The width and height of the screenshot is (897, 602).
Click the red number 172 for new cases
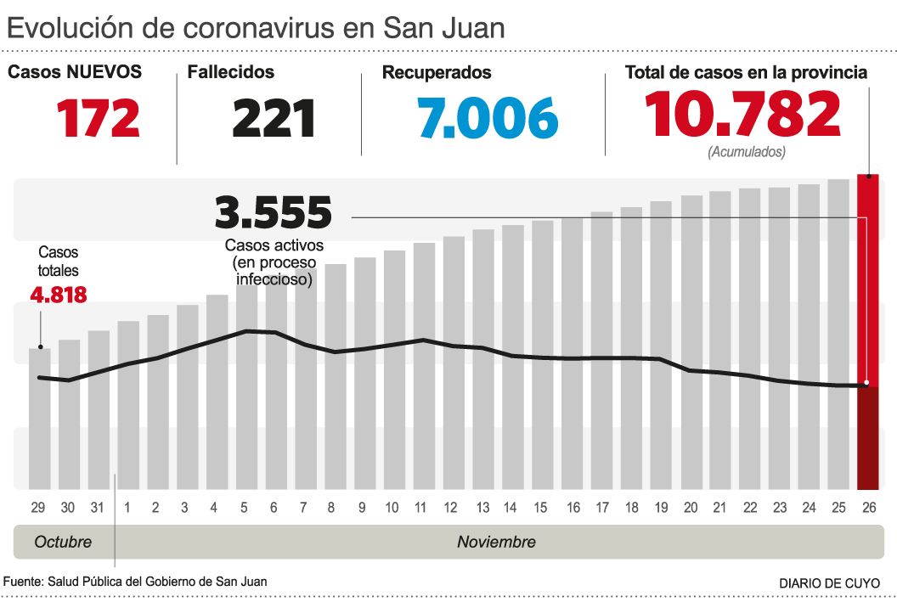point(99,118)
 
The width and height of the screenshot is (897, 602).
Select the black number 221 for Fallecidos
point(274,118)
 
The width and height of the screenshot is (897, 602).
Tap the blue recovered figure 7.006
point(488,118)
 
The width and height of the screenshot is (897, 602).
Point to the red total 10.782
point(742,115)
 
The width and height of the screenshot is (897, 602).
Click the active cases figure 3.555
point(273,213)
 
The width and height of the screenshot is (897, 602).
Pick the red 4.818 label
point(58,295)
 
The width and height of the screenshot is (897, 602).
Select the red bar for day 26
point(867,331)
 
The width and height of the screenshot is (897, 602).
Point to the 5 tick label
point(244,508)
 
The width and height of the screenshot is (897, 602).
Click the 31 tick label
point(98,508)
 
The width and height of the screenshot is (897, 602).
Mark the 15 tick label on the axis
point(540,508)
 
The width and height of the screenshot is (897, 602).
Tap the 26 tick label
point(868,508)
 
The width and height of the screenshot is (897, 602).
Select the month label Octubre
point(63,542)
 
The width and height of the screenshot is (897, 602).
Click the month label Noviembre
point(496,542)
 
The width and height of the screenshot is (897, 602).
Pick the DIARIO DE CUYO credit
point(830,583)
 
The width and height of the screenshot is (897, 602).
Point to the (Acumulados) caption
point(747,152)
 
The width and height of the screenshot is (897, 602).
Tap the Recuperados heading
point(437,73)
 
